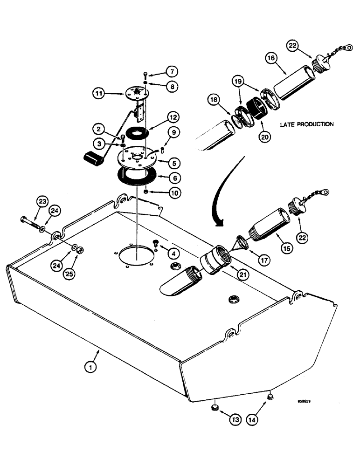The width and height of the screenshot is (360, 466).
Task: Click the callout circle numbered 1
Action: [x=92, y=367]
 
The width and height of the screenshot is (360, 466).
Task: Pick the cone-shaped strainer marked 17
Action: [x=242, y=243]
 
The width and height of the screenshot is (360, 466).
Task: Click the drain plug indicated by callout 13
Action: [x=214, y=408]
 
